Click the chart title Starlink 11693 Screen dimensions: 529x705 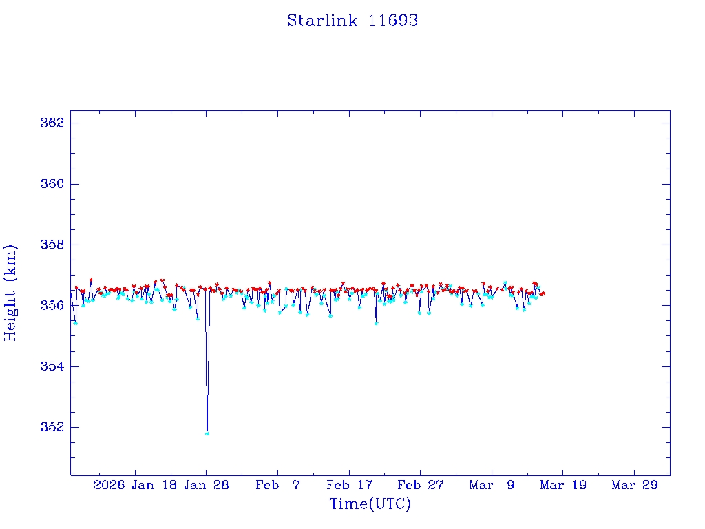pos(352,21)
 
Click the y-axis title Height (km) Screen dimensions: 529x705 pos(10,293)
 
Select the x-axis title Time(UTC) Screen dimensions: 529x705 pos(370,504)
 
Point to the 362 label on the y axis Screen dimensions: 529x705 pos(52,123)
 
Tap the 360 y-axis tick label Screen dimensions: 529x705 pos(52,184)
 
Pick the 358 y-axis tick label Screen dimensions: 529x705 pos(52,245)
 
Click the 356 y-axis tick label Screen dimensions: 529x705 pos(52,305)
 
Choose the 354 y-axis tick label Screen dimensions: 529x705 pos(52,366)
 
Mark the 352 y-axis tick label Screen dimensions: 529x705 pos(52,427)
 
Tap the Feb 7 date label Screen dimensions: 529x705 pos(278,485)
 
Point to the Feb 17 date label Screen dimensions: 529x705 pos(350,485)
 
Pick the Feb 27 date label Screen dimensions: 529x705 pos(421,485)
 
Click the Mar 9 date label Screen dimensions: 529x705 pos(492,485)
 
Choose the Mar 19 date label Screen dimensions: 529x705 pos(563,485)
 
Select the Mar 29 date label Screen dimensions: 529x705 pos(635,485)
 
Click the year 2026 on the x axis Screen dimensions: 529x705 pos(109,485)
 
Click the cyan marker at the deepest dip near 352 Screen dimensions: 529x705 pos(207,433)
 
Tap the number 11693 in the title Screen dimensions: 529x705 pos(393,21)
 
